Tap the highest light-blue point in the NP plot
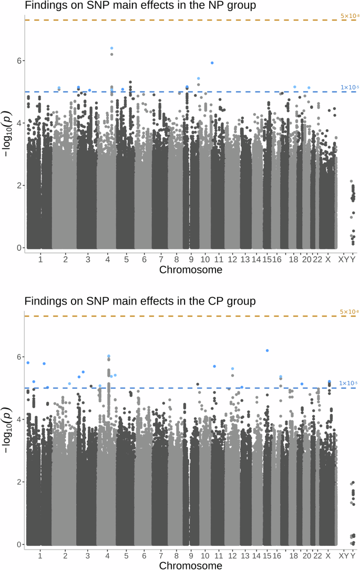point(112,48)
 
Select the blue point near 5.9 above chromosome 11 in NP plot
point(212,63)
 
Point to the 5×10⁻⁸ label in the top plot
point(349,16)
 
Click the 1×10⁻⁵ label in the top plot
point(349,87)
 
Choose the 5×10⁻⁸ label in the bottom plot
point(349,312)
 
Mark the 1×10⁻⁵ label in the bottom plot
point(348,383)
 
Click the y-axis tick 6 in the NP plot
point(18,61)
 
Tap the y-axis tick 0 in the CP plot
point(18,544)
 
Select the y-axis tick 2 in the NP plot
point(18,186)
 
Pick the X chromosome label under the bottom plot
point(328,556)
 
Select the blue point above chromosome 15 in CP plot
point(267,351)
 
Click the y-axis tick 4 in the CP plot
point(18,420)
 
